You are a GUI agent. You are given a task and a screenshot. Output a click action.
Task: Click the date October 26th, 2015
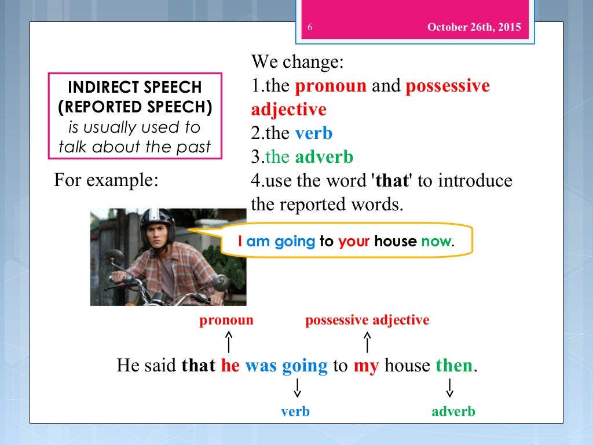click(474, 27)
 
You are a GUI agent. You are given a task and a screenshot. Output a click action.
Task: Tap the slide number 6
click(310, 27)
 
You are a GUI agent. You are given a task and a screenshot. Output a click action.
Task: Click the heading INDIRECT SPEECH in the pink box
click(135, 87)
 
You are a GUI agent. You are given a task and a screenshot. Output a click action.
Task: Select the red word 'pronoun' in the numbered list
click(331, 86)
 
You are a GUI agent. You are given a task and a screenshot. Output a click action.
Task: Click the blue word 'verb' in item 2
click(313, 133)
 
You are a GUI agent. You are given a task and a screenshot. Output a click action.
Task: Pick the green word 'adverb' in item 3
click(324, 157)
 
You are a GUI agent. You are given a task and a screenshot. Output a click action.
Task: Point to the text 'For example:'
click(106, 180)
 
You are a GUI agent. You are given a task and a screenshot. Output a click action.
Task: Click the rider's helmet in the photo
click(157, 223)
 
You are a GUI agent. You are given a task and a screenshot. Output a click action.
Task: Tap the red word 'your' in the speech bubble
click(354, 241)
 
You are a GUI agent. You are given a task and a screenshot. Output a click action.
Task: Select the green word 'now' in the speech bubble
click(436, 241)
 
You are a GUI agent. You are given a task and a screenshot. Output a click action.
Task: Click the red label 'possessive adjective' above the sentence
click(367, 320)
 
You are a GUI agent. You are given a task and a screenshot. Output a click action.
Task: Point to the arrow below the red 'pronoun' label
click(229, 341)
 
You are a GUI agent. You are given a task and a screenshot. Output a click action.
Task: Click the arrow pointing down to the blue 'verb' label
click(297, 388)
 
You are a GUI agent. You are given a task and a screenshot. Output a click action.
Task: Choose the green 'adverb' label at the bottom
click(453, 411)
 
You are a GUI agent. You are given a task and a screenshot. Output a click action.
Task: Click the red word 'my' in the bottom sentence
click(365, 366)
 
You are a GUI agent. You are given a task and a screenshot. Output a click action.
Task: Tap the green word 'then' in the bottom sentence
click(454, 366)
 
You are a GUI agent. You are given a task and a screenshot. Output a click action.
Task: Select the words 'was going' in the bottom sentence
click(286, 366)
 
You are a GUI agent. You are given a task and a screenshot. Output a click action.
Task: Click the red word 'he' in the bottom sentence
click(230, 366)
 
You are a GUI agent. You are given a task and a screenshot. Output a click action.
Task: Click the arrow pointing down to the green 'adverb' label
click(450, 388)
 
